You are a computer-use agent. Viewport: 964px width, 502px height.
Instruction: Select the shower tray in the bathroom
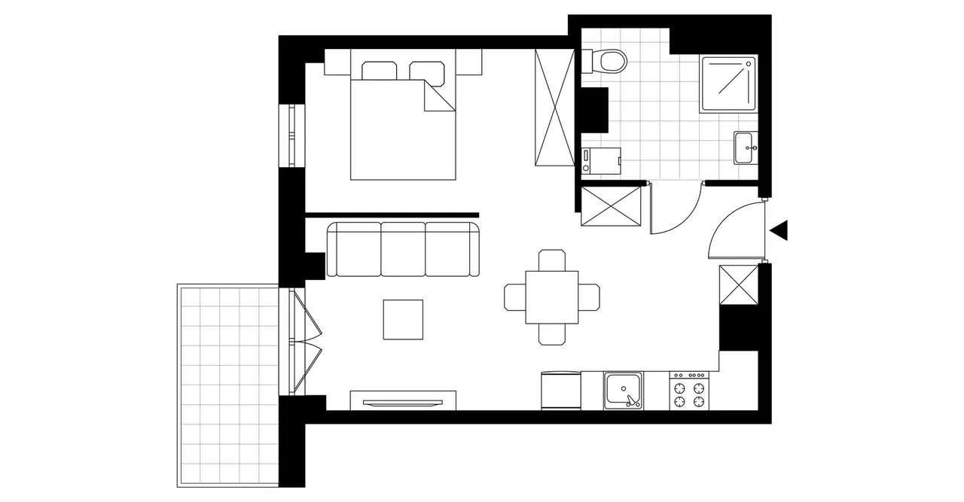728,84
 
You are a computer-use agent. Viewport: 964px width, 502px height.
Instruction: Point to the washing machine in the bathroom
602,160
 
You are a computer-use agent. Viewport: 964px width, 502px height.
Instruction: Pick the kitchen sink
623,391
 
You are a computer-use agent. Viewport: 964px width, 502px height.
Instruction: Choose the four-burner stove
690,391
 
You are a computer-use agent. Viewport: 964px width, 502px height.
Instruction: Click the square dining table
552,297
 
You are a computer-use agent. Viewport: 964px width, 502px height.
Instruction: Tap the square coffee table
403,319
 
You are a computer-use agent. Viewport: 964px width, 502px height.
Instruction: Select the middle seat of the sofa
403,250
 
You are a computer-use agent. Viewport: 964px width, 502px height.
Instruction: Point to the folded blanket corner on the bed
438,98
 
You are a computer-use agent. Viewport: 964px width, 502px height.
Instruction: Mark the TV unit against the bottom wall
403,400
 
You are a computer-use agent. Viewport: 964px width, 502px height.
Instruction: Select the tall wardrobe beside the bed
553,107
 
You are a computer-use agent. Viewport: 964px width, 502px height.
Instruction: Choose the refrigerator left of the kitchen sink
561,391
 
